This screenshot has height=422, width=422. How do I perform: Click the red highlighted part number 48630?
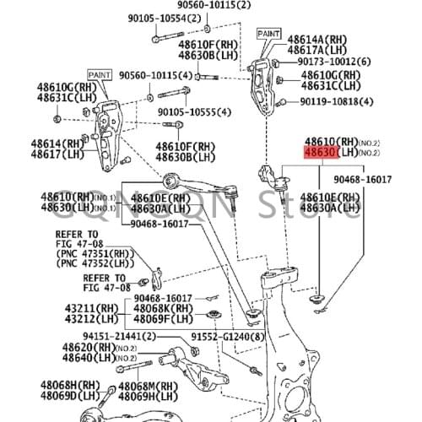pyautogui.click(x=321, y=152)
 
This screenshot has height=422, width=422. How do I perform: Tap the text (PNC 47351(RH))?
pyautogui.click(x=95, y=252)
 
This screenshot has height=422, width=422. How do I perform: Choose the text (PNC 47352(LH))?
pyautogui.click(x=95, y=262)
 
